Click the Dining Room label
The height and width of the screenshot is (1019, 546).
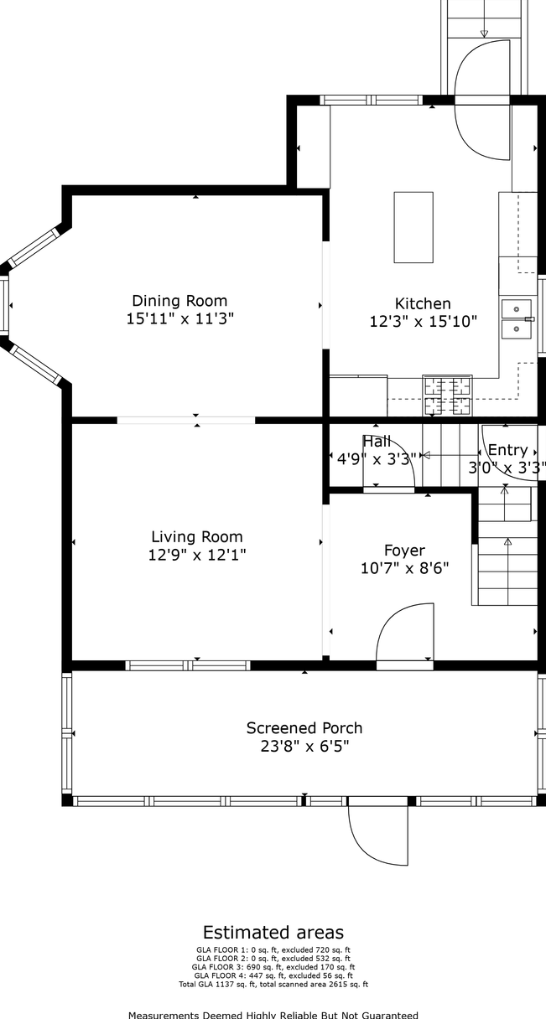point(179,301)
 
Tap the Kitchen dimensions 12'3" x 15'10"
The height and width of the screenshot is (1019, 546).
point(423,322)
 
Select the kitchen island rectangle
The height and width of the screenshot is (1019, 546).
point(413,227)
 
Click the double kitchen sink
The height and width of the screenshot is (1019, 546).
point(517,318)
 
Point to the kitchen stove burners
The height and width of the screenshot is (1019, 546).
point(447,395)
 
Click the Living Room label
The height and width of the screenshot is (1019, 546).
point(197,537)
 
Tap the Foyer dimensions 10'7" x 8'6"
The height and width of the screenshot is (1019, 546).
point(405,568)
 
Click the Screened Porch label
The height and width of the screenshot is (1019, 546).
point(304,728)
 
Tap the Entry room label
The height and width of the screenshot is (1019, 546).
point(507,450)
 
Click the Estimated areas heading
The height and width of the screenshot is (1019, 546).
point(273,933)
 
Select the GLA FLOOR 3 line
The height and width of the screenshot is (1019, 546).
point(273,967)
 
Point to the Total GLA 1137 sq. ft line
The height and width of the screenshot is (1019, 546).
point(273,985)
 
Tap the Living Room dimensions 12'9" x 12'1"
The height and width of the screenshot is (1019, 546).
point(197,555)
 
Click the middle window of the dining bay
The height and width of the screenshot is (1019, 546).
point(4,305)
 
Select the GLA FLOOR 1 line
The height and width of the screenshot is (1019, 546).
point(273,949)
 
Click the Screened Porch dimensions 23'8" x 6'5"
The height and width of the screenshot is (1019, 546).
point(304,747)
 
